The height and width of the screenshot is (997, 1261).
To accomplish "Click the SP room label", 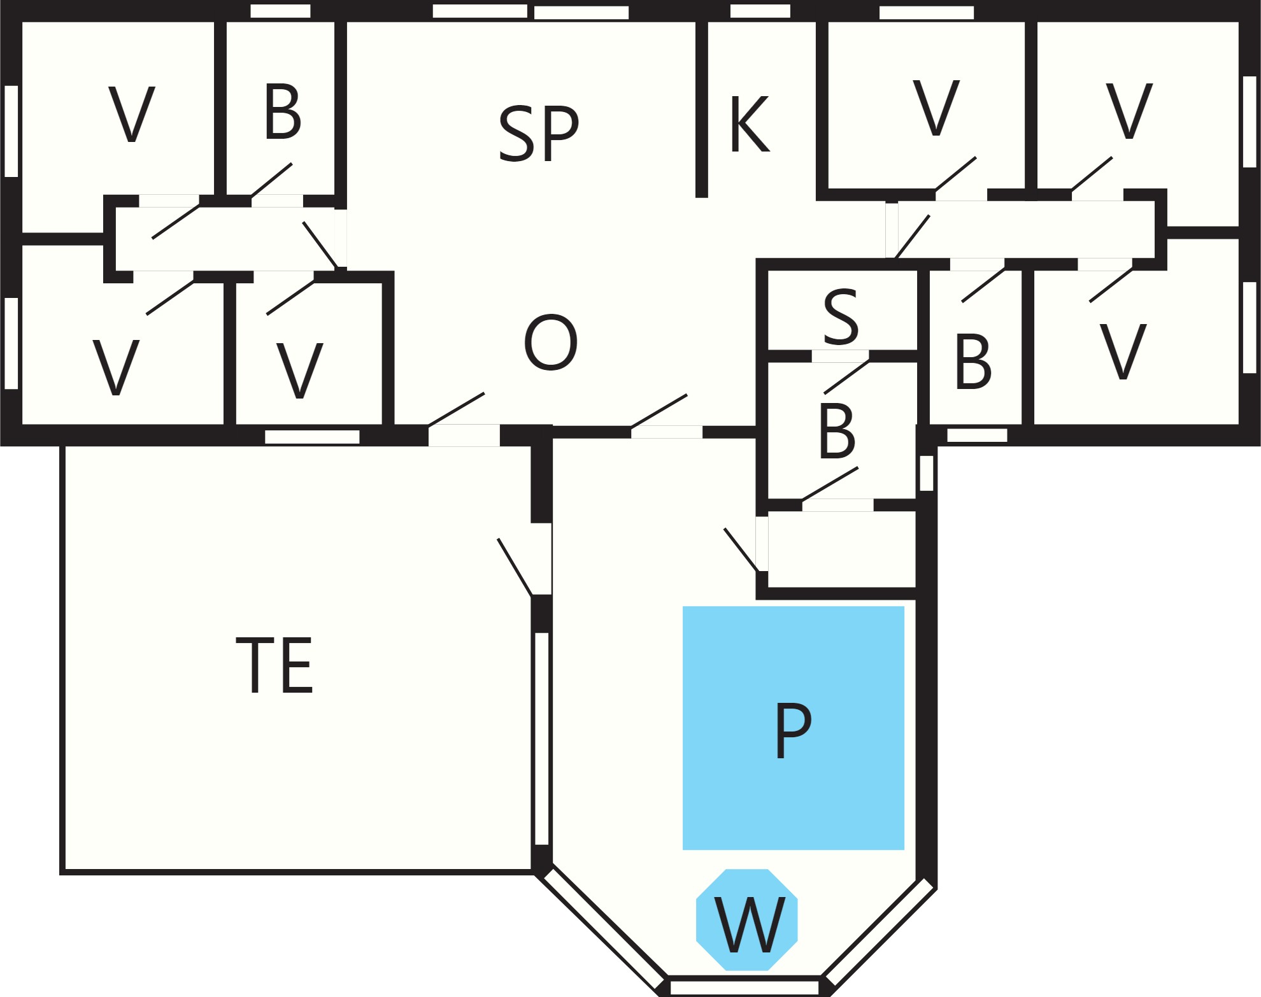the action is [539, 133].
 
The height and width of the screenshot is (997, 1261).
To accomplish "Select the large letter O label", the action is [551, 342].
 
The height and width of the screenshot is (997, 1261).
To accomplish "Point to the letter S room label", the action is [841, 316].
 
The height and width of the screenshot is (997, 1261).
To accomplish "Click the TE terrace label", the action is [274, 665].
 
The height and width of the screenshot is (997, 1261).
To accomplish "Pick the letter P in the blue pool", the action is [793, 730].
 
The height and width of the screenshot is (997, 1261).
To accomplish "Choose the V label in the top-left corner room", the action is [132, 114].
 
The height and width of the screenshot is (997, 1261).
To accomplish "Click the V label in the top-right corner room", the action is [1129, 110].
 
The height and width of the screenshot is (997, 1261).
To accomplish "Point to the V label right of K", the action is [936, 108].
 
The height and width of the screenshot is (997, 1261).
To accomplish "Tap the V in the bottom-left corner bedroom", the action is [116, 367].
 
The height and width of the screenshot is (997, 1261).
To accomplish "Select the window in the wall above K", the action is [760, 11].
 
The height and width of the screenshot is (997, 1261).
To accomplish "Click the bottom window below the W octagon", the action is [744, 987].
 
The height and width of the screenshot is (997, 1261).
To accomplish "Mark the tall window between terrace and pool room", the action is [541, 739].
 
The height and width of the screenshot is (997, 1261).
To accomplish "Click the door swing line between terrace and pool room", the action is [515, 567].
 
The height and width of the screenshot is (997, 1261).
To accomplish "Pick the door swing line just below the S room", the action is [846, 378].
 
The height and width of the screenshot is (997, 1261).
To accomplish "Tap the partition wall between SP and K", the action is [702, 109].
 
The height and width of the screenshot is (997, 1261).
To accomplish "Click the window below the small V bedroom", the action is [312, 437].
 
